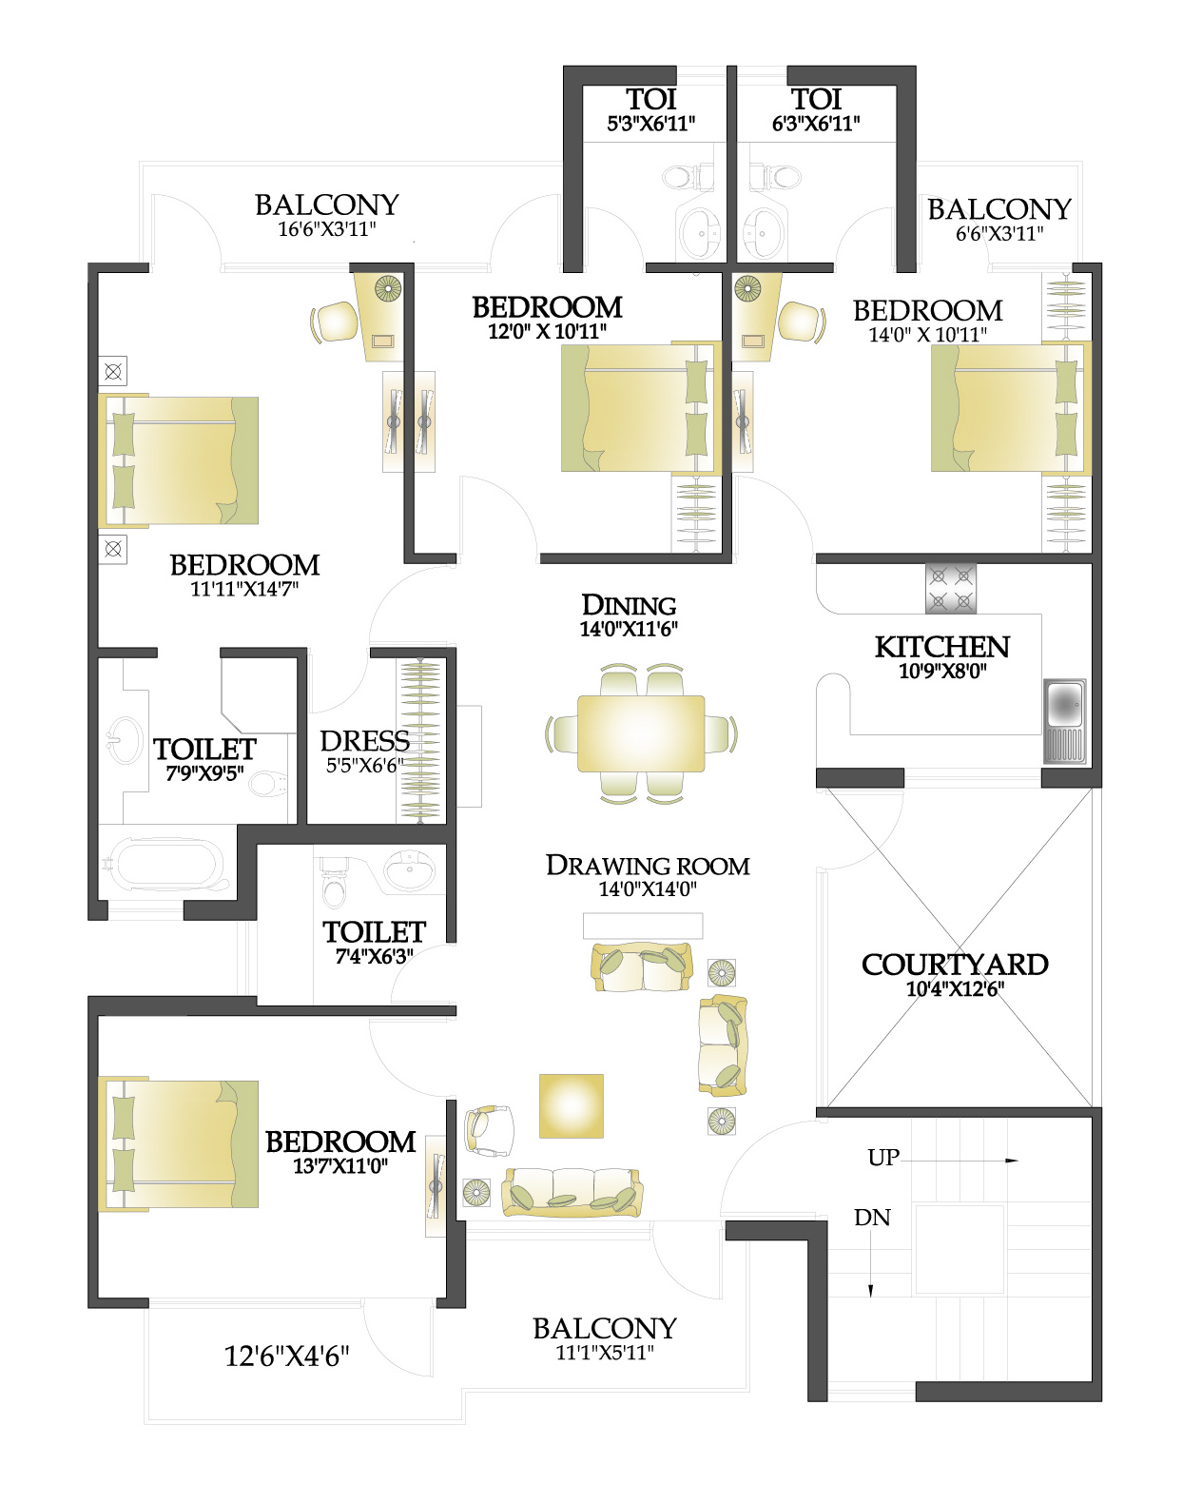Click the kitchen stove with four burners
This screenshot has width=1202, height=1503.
coord(950,588)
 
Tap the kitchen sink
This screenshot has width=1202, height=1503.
coord(1064,721)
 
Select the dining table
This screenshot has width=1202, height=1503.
coord(640,733)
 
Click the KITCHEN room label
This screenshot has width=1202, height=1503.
coord(942,647)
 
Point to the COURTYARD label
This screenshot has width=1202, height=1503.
coord(955,965)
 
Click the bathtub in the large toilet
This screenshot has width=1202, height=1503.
coord(166,865)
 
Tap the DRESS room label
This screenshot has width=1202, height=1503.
coord(364,741)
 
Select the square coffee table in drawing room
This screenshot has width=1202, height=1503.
coord(571,1105)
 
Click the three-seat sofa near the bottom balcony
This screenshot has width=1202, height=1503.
coord(572,1193)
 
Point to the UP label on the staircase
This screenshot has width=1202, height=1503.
coord(883,1158)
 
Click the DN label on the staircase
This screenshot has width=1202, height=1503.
coord(872,1218)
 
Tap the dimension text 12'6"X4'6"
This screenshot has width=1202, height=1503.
coord(286,1356)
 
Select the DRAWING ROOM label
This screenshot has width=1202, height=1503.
coord(648,866)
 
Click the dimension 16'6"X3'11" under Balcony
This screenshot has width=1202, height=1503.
coord(327,229)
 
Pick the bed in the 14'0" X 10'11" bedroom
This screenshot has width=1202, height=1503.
coord(1011,409)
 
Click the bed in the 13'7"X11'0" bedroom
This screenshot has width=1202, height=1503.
coord(178,1144)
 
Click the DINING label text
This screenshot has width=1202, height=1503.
coord(629,605)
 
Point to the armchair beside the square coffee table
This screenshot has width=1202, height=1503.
coord(489,1130)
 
